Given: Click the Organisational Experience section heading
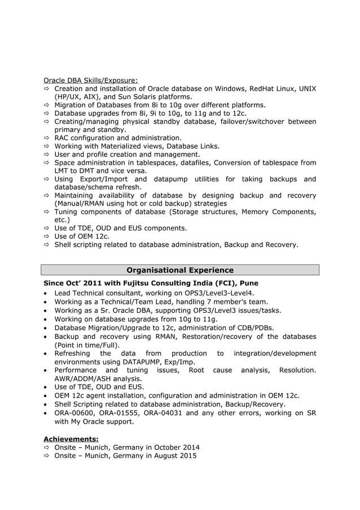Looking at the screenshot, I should [179, 270].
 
